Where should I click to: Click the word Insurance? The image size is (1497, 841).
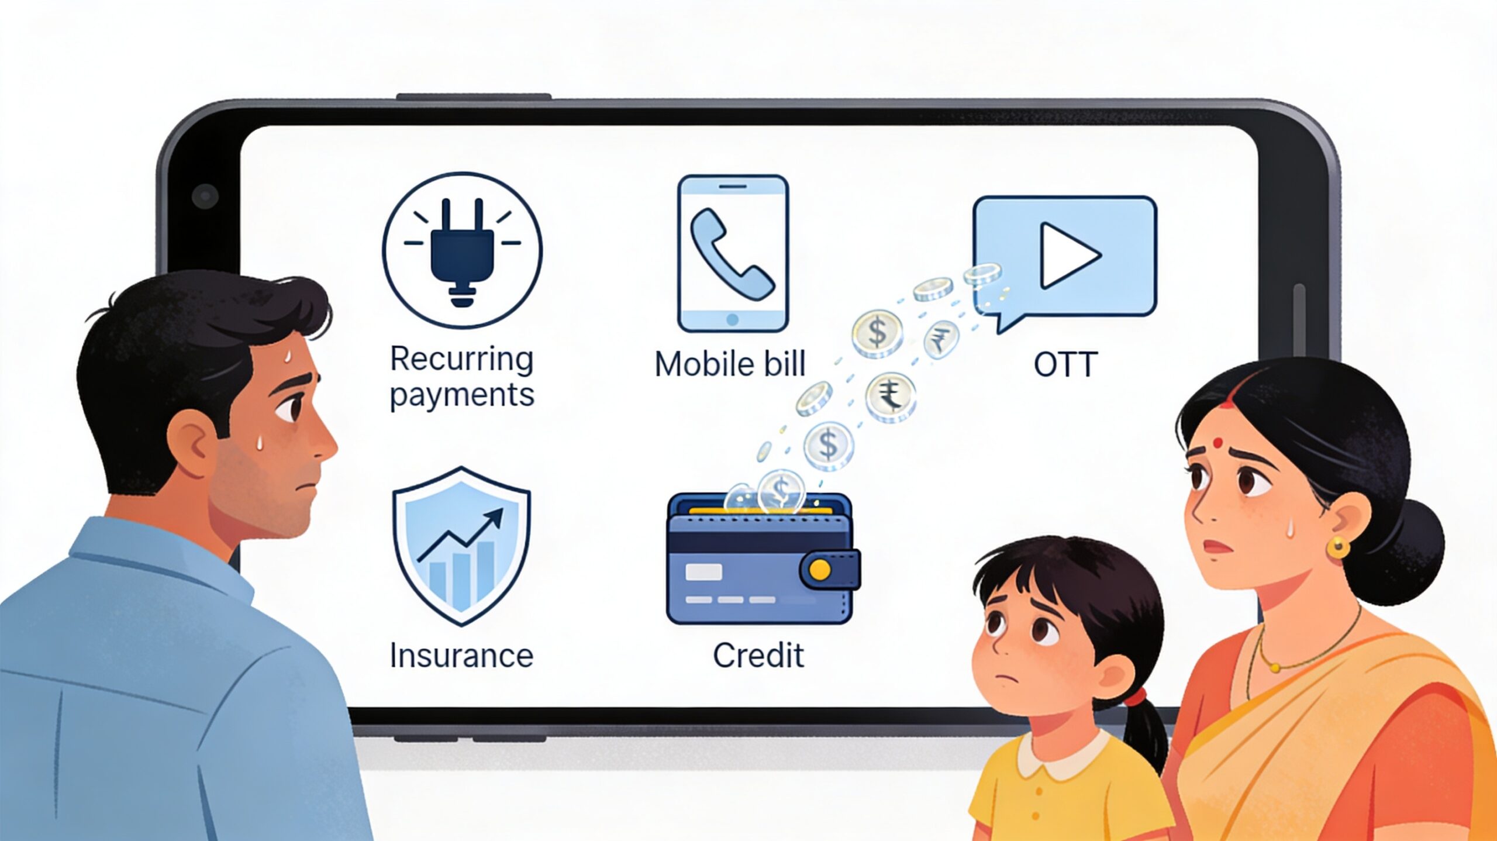(461, 656)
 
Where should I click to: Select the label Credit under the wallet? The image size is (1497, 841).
(758, 656)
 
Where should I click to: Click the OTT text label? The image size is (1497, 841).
(1065, 364)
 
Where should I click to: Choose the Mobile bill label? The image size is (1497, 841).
(730, 364)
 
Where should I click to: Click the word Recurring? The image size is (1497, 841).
(462, 359)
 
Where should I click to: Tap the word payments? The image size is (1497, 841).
(462, 395)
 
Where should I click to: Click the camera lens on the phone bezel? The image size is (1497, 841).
(205, 196)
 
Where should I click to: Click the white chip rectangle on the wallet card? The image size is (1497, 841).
(703, 572)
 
